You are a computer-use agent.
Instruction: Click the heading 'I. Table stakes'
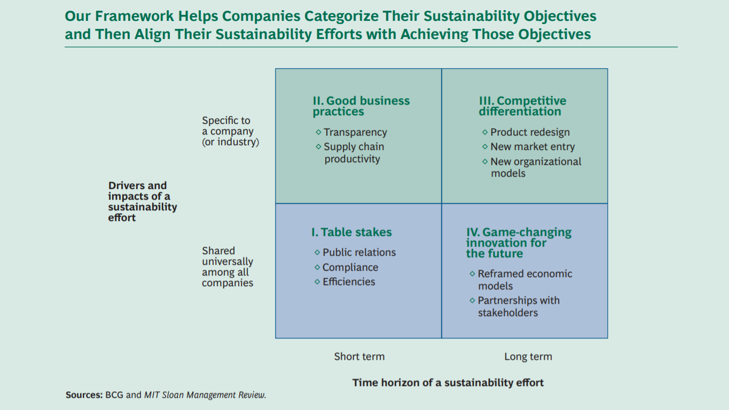pos(351,232)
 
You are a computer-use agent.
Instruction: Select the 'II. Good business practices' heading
pos(361,106)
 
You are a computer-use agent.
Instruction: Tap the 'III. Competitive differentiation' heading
pos(522,106)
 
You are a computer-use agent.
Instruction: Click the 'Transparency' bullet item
pos(355,132)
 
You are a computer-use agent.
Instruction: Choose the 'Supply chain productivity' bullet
pos(354,153)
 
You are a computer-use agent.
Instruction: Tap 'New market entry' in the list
pos(532,147)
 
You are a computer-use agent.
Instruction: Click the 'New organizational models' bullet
pos(536,167)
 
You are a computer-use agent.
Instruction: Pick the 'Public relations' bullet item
pos(359,253)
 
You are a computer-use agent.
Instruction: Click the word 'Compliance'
pos(350,267)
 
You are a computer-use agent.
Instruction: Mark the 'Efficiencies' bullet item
pos(349,282)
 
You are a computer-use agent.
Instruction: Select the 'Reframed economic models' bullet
pos(524,280)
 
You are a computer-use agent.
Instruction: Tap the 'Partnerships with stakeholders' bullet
pos(518,306)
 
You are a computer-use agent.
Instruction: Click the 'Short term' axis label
pos(359,357)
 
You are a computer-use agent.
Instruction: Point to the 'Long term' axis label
pos(528,357)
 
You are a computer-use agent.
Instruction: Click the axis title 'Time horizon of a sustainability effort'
pos(448,382)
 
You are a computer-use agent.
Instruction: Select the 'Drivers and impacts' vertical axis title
pos(142,201)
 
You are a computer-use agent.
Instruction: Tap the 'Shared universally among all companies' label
pos(228,267)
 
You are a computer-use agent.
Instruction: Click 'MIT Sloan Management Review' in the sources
pos(205,395)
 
